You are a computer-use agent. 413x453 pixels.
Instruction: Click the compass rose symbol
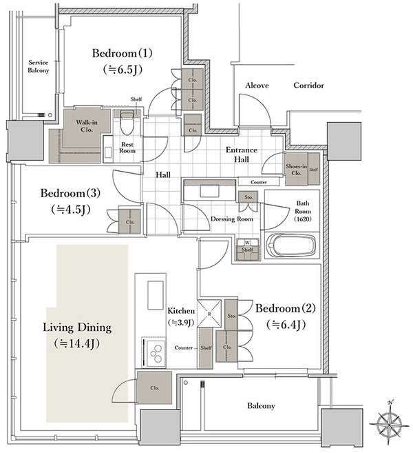389,422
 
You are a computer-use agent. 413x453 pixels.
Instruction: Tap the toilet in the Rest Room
127,123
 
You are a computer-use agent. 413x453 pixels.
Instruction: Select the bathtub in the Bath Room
292,245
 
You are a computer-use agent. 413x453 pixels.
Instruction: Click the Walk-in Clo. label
87,126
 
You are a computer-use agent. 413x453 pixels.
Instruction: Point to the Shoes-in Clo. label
296,170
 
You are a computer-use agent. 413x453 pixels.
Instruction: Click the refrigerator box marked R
209,313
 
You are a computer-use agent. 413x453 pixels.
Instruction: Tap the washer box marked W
247,243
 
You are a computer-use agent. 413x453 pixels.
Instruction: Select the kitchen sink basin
156,295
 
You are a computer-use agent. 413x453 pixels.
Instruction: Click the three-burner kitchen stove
155,353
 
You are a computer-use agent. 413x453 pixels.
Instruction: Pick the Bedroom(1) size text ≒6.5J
123,70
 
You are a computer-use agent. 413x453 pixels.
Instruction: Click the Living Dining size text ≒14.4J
76,343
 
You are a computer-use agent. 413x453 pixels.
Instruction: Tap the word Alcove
257,85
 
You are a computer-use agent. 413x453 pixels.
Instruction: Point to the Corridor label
308,85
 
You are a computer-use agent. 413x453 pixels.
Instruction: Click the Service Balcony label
39,66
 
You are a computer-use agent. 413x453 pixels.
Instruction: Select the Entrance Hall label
242,154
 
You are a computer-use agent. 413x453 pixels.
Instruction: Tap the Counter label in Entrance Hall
259,182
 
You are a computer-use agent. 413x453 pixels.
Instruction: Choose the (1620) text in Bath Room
303,219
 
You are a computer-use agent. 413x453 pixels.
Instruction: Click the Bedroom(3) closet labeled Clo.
130,221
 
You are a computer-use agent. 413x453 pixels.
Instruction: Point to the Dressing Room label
231,219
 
